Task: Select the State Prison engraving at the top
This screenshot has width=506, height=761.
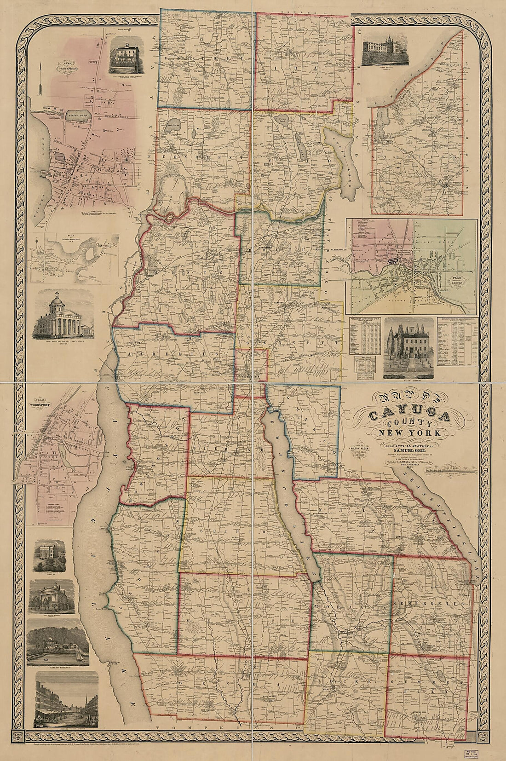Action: point(385,52)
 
